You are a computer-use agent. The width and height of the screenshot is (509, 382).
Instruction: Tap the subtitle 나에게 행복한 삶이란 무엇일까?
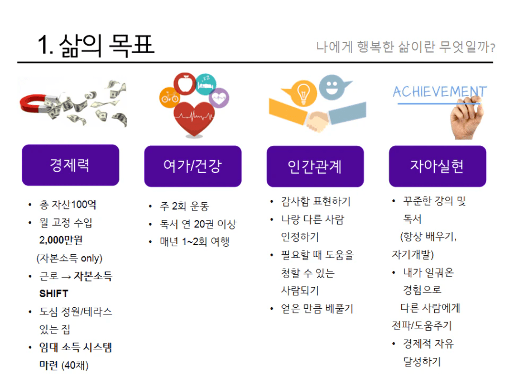(x=405, y=47)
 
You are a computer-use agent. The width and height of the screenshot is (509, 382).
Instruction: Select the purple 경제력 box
(x=70, y=165)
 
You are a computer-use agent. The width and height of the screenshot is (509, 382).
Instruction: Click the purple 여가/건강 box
(x=193, y=166)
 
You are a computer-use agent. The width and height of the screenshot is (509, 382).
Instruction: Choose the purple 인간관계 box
(x=315, y=166)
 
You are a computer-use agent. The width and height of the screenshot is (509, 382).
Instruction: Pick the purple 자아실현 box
(x=438, y=166)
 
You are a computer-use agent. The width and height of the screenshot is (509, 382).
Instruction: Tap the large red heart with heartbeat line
(x=194, y=118)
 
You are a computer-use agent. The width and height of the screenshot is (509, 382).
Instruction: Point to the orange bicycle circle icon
(x=170, y=97)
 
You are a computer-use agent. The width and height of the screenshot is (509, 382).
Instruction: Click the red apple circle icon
(x=185, y=83)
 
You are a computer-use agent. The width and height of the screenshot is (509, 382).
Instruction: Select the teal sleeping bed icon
(x=206, y=84)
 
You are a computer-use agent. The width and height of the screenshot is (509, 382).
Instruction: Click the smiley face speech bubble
(x=333, y=87)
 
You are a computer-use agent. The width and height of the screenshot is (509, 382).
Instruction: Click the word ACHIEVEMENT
(x=440, y=92)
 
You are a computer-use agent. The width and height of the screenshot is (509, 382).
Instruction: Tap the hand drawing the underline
(x=466, y=118)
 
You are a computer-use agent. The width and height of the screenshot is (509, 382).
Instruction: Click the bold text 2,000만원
(x=61, y=240)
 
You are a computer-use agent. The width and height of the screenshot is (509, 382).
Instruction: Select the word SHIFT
(x=54, y=294)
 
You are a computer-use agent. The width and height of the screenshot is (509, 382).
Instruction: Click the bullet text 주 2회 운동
(x=184, y=206)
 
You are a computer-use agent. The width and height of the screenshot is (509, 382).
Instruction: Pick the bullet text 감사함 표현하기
(x=315, y=202)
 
